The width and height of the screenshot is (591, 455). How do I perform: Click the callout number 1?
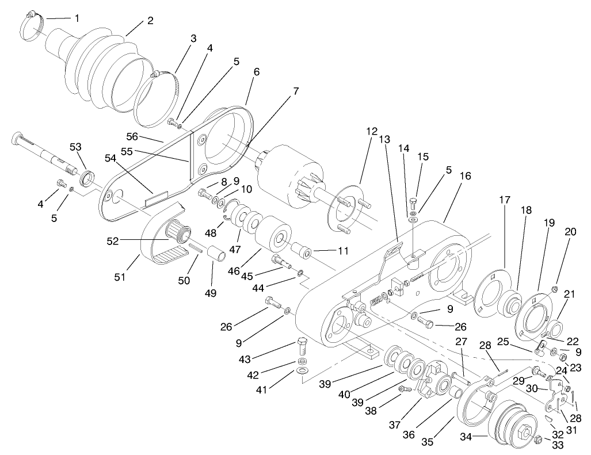point(77,18)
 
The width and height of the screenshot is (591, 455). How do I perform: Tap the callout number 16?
point(465,176)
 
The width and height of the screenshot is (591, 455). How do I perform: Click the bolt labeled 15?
point(414,203)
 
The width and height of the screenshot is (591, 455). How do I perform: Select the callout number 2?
point(150,21)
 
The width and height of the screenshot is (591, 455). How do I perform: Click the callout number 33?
point(557,445)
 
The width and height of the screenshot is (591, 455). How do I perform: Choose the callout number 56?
point(134,137)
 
